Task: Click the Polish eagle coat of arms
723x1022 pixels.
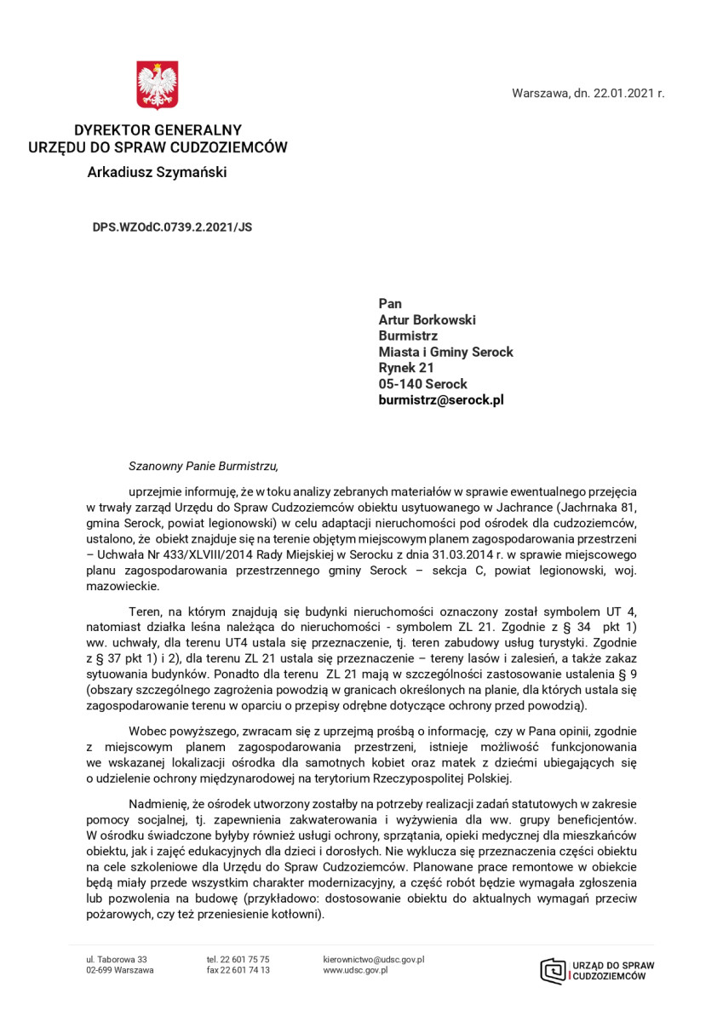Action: pyautogui.click(x=158, y=85)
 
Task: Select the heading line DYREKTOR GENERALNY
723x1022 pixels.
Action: pyautogui.click(x=158, y=130)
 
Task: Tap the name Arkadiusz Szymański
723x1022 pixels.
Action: pyautogui.click(x=158, y=173)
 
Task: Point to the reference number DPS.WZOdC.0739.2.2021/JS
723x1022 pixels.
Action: pyautogui.click(x=172, y=227)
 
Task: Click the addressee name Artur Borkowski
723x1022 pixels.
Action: pyautogui.click(x=427, y=319)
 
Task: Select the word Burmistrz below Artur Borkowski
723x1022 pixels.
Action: pyautogui.click(x=408, y=336)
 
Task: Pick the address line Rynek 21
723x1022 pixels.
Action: pyautogui.click(x=406, y=368)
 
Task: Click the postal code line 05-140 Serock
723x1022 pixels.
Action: pyautogui.click(x=423, y=384)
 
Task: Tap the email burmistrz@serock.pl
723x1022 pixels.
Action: pyautogui.click(x=441, y=399)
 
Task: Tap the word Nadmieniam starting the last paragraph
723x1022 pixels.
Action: pyautogui.click(x=159, y=804)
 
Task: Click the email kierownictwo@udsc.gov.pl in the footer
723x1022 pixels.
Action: pyautogui.click(x=374, y=959)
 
